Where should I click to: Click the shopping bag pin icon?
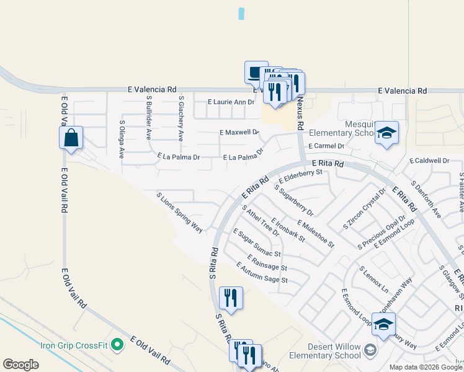click(x=71, y=138)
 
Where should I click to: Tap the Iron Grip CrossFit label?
click(x=75, y=346)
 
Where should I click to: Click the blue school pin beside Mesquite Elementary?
click(x=386, y=133)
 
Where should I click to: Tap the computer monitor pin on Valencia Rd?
click(x=256, y=73)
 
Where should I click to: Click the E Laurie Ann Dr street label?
click(x=231, y=102)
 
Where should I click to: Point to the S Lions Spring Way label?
click(x=180, y=213)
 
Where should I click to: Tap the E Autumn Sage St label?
click(x=262, y=272)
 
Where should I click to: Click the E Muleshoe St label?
click(x=315, y=234)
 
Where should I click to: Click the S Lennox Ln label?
click(x=373, y=280)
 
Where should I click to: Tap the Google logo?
click(x=20, y=365)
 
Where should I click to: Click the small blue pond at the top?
click(x=241, y=13)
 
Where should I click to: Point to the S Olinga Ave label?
click(x=122, y=139)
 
